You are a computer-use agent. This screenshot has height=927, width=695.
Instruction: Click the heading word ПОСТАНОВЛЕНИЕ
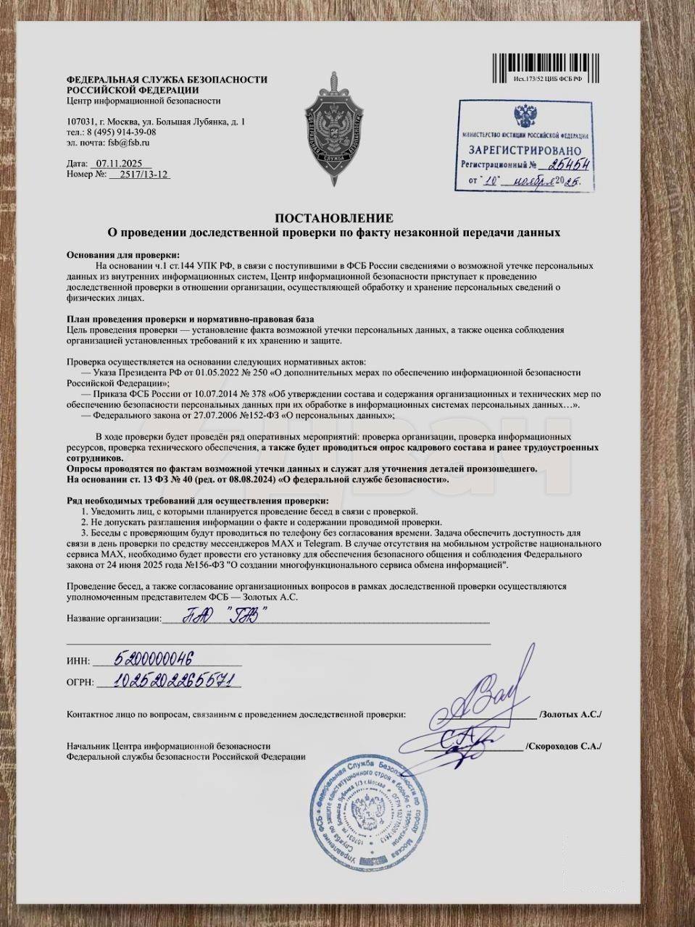point(333,218)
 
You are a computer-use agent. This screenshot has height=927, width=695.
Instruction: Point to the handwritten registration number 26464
point(569,164)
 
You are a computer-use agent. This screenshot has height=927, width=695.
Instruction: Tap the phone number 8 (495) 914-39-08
point(121,133)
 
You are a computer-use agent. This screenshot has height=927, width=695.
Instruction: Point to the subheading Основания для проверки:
point(122,255)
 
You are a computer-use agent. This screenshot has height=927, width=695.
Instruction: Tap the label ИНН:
point(78,661)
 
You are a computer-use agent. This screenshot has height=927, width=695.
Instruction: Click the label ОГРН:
point(80,682)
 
